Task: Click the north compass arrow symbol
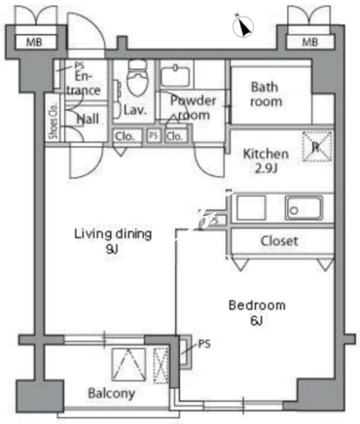[x=243, y=26]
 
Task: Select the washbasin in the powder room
[x=175, y=76]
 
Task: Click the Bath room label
[x=266, y=94]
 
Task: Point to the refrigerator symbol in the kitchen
[x=317, y=147]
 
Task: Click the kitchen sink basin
[x=304, y=208]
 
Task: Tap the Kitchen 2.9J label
[x=266, y=160]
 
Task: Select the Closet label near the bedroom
[x=279, y=241]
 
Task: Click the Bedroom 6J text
[x=257, y=313]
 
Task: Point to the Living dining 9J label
[x=113, y=241]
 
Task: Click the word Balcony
[x=112, y=394]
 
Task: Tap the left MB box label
[x=34, y=42]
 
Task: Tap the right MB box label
[x=310, y=42]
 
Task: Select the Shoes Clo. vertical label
[x=54, y=121]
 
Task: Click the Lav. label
[x=135, y=110]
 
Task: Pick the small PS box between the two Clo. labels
[x=154, y=135]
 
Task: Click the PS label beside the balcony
[x=204, y=343]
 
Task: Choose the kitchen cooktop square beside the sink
[x=251, y=208]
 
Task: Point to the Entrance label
[x=84, y=84]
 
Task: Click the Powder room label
[x=194, y=107]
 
